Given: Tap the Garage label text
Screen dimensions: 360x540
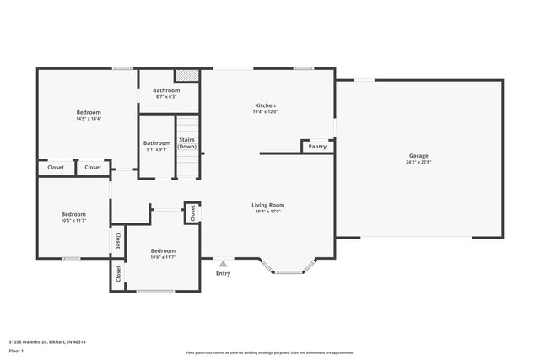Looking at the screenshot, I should [418, 156].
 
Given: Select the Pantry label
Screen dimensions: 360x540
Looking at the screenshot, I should [317, 147].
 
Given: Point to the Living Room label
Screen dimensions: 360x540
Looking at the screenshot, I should [267, 205].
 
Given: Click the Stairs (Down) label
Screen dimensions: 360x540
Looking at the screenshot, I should [186, 144].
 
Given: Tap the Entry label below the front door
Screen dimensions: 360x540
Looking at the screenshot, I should [223, 273].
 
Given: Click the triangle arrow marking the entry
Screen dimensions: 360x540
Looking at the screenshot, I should [223, 264].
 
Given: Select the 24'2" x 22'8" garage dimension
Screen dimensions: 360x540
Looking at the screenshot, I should [418, 162].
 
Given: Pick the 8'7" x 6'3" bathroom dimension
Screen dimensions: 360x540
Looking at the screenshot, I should [166, 96].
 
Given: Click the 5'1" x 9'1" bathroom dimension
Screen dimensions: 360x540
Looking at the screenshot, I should [157, 149].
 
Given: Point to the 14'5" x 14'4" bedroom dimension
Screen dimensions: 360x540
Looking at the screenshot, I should [89, 119].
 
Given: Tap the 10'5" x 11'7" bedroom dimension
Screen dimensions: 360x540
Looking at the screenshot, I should [73, 220].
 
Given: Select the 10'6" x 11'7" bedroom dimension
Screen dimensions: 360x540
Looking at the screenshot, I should [163, 257].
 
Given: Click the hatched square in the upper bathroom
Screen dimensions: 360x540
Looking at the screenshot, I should [186, 75].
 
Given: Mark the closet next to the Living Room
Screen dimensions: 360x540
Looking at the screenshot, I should [192, 213].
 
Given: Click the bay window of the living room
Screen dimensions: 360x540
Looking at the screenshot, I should [289, 268].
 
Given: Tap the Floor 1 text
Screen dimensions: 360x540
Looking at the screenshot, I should [16, 350].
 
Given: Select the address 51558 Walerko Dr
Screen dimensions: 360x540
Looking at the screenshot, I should [47, 342].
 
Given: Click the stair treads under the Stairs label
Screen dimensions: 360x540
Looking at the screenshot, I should [186, 165].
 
